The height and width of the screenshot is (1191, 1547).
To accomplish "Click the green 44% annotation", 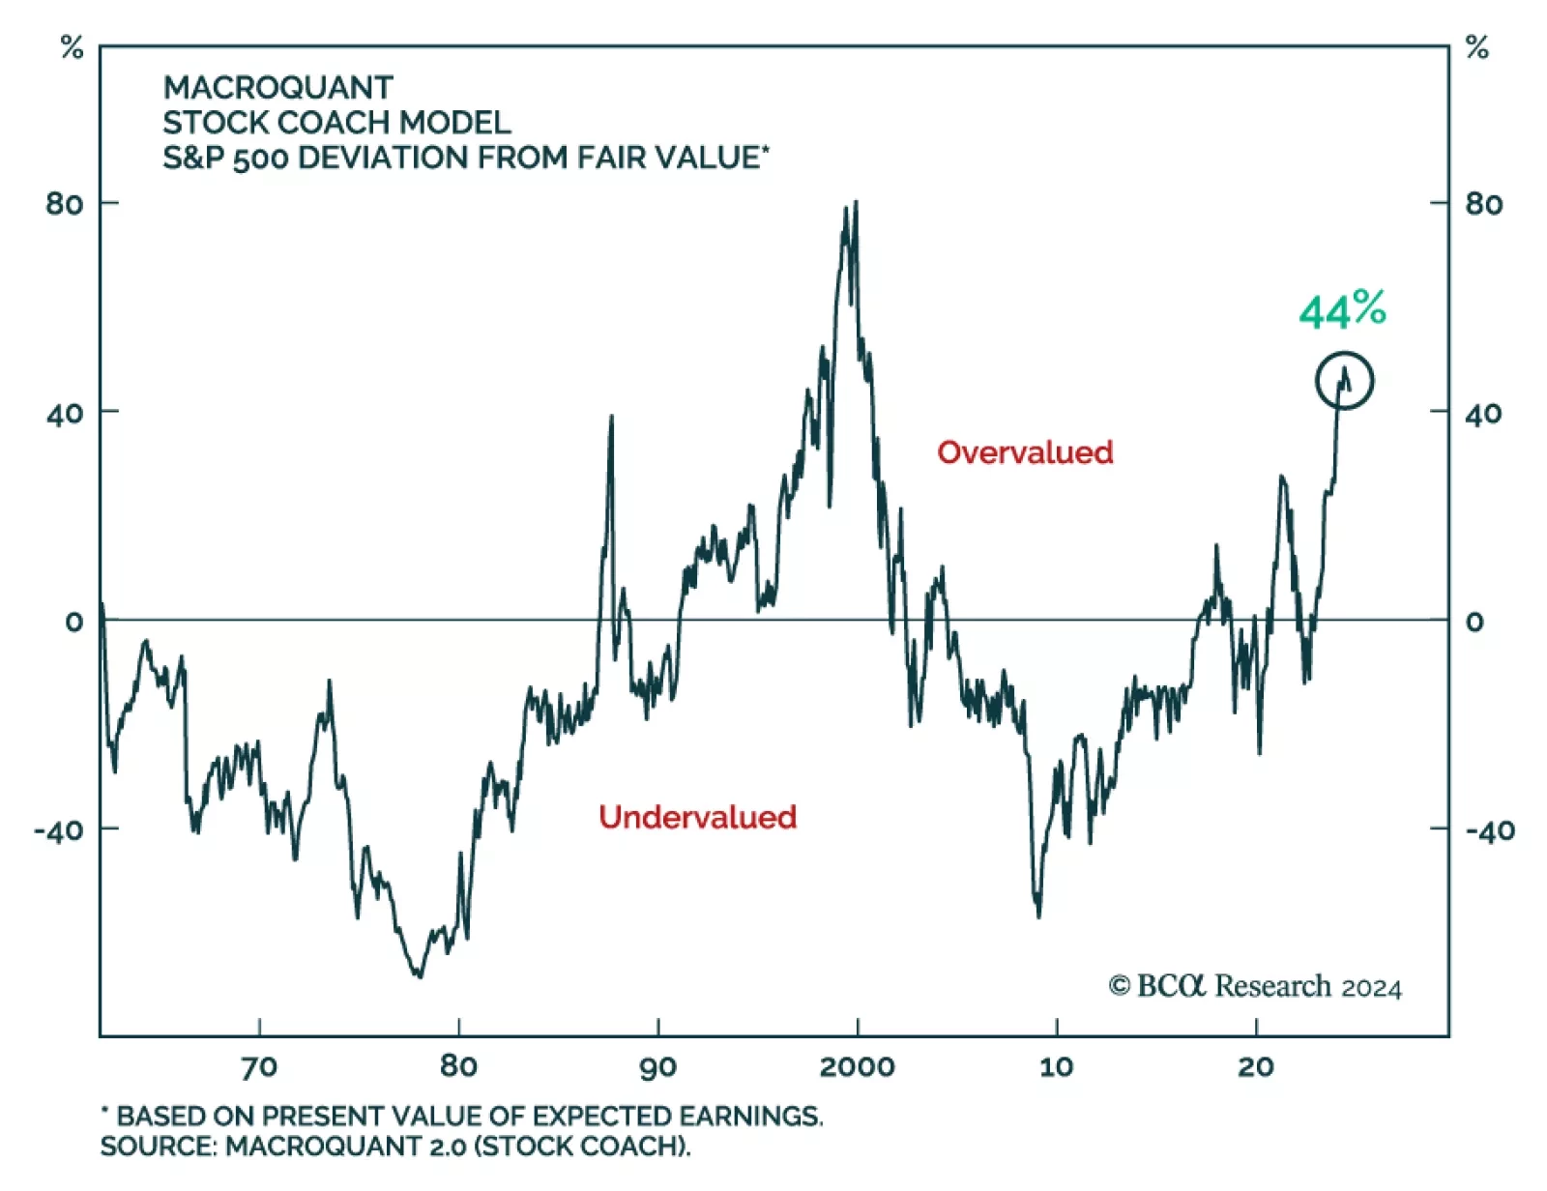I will (1342, 310).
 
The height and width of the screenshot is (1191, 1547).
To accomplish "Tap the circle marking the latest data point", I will (1344, 380).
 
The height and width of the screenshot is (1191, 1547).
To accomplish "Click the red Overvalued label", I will (1025, 452).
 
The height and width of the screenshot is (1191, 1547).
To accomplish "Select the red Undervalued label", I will (697, 817).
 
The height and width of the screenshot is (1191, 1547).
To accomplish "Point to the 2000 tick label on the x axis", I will (857, 1066).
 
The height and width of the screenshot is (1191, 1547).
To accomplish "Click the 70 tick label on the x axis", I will (259, 1066).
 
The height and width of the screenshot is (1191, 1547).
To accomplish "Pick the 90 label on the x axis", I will (657, 1066).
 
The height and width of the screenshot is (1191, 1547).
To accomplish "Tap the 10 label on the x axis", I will (1056, 1066).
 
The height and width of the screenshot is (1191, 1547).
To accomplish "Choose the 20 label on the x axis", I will (1255, 1066).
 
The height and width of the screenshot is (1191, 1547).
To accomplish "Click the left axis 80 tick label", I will (65, 204).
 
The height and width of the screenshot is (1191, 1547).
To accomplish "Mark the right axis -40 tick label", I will (1489, 830).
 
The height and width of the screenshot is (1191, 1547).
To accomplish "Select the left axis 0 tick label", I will (74, 622).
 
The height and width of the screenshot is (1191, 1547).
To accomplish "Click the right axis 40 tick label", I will (1483, 414).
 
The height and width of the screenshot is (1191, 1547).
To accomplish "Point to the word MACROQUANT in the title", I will (278, 88).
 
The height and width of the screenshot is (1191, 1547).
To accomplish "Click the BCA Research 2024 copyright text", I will (1255, 986).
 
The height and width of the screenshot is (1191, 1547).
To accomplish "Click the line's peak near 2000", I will (855, 204).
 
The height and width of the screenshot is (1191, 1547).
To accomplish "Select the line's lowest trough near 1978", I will (419, 975).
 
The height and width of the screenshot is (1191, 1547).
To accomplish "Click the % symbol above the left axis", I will (73, 47).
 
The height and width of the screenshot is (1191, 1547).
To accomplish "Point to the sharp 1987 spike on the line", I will (611, 417).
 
